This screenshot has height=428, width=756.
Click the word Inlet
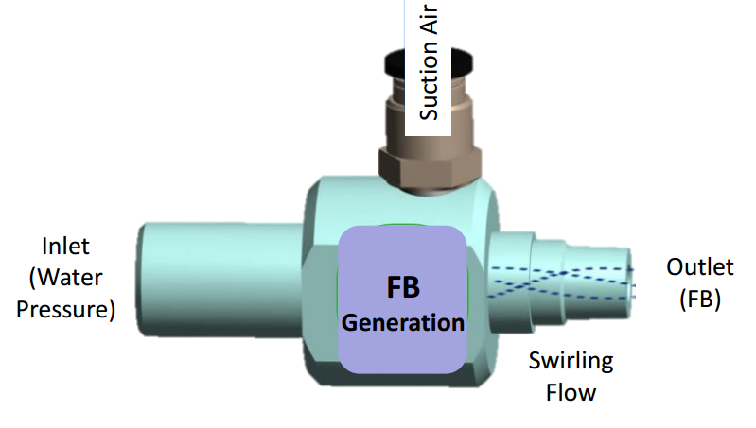pos(65,247)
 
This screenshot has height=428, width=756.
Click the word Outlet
pos(700,266)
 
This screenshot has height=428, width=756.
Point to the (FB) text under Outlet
pos(700,300)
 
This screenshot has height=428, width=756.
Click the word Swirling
pos(571,360)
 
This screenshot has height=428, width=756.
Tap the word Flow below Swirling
pos(571,391)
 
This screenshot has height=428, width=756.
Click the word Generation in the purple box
pos(403,322)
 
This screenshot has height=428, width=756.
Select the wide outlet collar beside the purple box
pos(507,280)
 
